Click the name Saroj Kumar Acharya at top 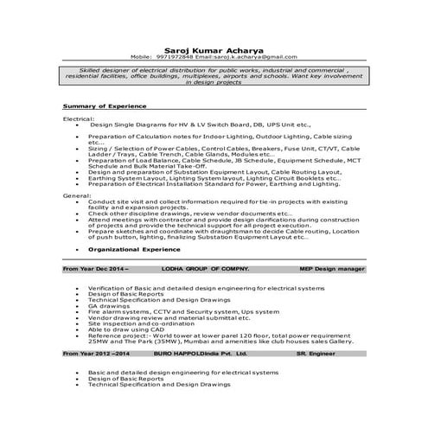[214, 49]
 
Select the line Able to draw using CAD [126, 329]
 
